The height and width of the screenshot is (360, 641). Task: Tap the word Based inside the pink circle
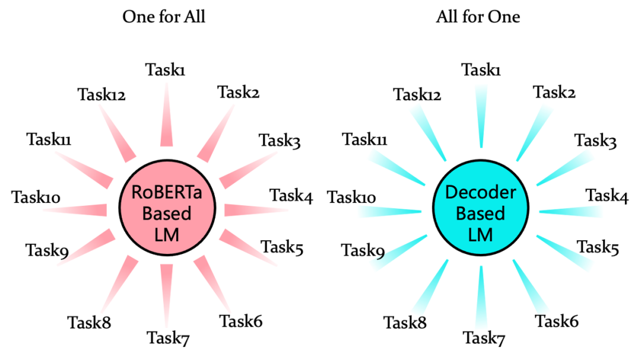coord(166,212)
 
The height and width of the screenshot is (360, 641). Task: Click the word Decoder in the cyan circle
coord(480,192)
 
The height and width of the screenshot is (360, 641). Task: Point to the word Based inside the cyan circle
coord(480,213)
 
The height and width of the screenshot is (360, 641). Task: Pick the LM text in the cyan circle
coord(480,234)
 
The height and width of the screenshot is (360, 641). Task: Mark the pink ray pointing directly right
coord(255,210)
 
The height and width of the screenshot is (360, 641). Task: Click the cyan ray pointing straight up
coord(481,116)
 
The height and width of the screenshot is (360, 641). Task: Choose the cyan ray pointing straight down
coord(481,297)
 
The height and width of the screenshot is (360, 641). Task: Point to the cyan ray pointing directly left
coord(389,212)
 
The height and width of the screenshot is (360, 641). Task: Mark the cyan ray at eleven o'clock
coord(427,133)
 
